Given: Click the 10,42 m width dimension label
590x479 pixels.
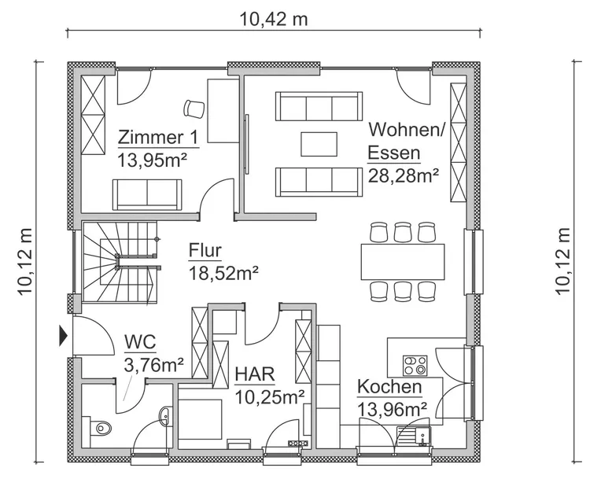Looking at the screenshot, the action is point(274,20).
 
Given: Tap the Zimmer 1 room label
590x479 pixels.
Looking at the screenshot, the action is point(157,138).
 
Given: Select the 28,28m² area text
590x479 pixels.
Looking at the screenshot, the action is point(404,175).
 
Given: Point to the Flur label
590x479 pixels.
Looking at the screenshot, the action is point(205,251).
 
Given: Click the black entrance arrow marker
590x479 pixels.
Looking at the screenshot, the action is point(63,336).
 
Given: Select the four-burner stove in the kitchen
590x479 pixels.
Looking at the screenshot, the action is point(415,366).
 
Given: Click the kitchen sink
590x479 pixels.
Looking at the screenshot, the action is point(414,436).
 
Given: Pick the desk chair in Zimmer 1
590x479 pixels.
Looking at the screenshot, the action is point(194,109).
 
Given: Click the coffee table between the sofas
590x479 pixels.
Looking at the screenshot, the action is point(319,144).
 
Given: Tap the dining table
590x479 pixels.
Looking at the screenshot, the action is point(403,261).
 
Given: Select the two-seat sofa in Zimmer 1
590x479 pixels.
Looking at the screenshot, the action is point(147,194).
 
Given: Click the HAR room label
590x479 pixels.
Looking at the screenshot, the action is point(255,374).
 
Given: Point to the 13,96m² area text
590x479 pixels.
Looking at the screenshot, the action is point(392,409).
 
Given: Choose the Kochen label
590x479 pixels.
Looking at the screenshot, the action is point(389,387).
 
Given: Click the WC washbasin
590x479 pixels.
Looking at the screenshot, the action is point(165,416).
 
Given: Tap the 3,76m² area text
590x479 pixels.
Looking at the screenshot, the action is point(154,365).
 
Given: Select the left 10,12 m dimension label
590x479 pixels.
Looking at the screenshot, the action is point(26,261).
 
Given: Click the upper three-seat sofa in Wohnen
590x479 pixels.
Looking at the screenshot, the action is point(319,106).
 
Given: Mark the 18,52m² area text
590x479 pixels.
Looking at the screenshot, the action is point(223,273).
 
